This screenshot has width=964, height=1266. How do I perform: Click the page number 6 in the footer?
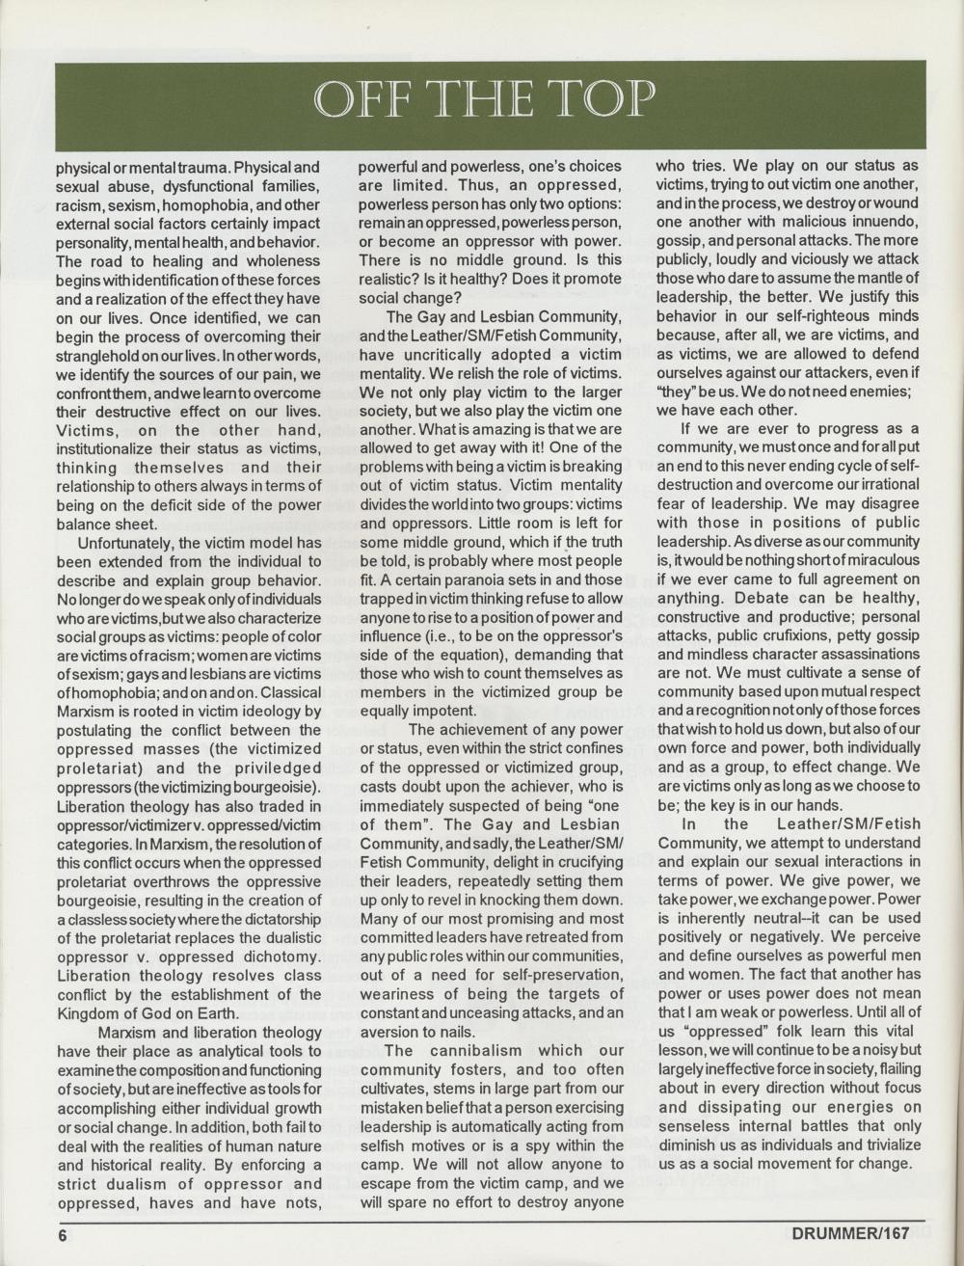click(60, 1236)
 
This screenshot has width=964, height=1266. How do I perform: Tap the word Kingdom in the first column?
click(86, 1013)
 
